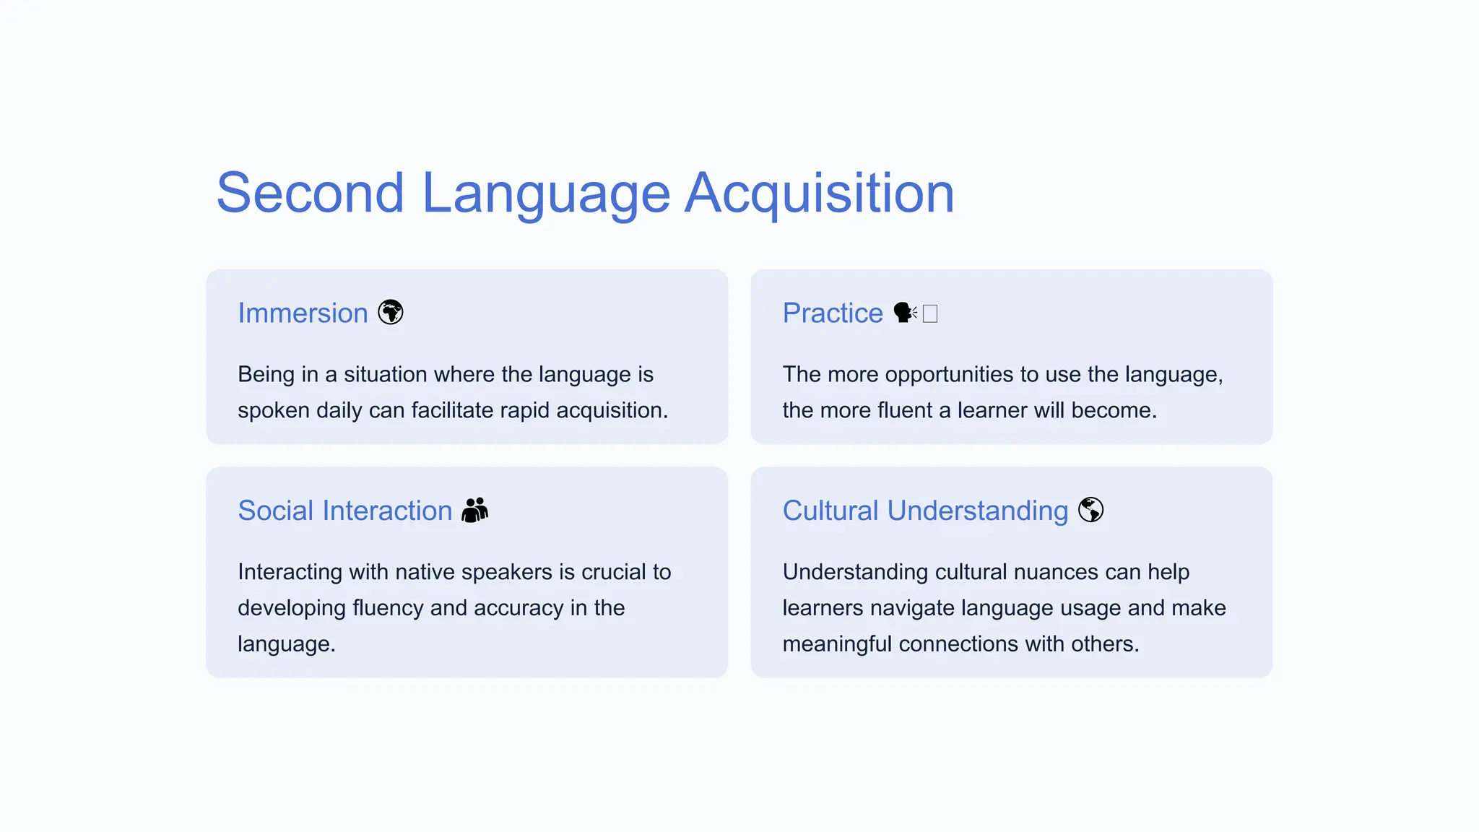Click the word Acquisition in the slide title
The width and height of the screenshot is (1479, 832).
(x=819, y=194)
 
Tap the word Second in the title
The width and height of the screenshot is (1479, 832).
(x=310, y=194)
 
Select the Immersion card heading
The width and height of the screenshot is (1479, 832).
(x=303, y=313)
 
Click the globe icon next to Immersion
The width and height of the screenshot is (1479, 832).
(x=391, y=313)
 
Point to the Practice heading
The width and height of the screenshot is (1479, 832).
(x=833, y=313)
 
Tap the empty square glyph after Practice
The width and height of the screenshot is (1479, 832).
(x=930, y=313)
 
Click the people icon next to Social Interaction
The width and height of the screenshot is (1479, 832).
(x=474, y=510)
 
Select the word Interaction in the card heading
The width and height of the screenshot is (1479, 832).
(x=387, y=511)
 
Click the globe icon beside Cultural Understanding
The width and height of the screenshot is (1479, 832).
(x=1090, y=510)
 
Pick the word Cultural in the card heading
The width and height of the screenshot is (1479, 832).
(x=830, y=511)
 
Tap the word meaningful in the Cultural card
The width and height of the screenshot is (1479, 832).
(x=838, y=643)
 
